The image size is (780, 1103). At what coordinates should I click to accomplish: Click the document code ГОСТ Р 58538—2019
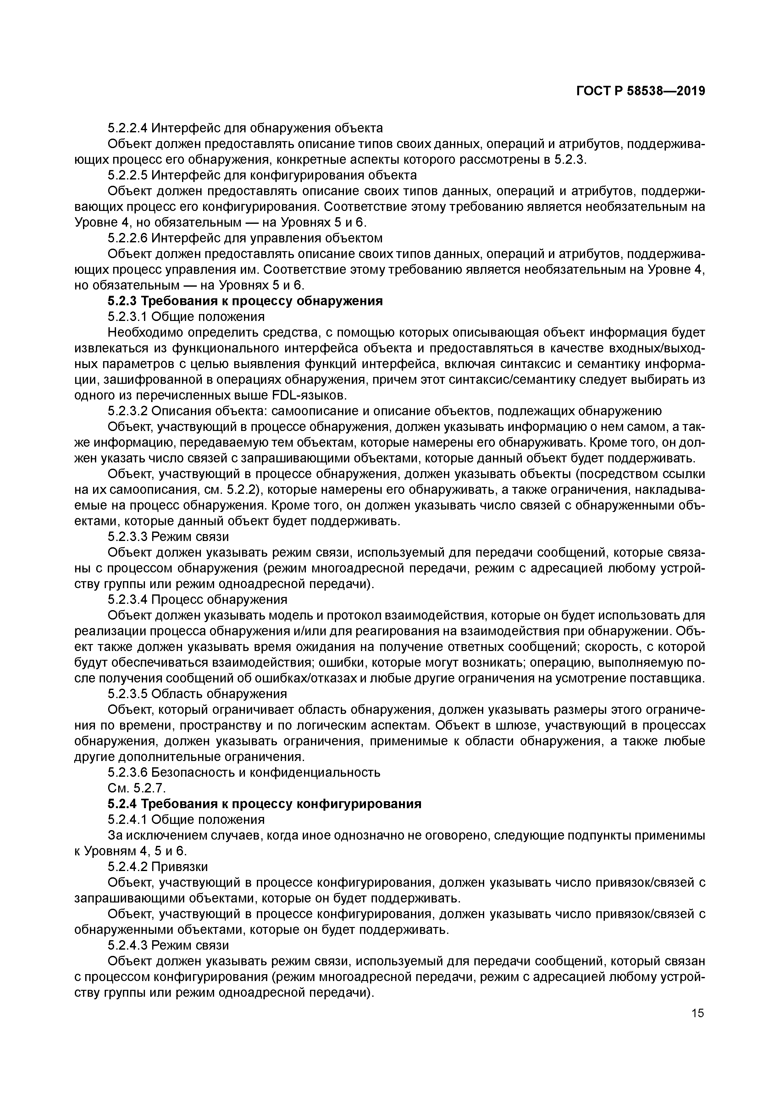click(x=640, y=91)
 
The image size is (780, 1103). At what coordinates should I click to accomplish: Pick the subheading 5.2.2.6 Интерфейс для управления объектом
click(x=245, y=238)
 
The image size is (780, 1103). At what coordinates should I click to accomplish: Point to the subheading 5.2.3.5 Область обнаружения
click(x=197, y=694)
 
